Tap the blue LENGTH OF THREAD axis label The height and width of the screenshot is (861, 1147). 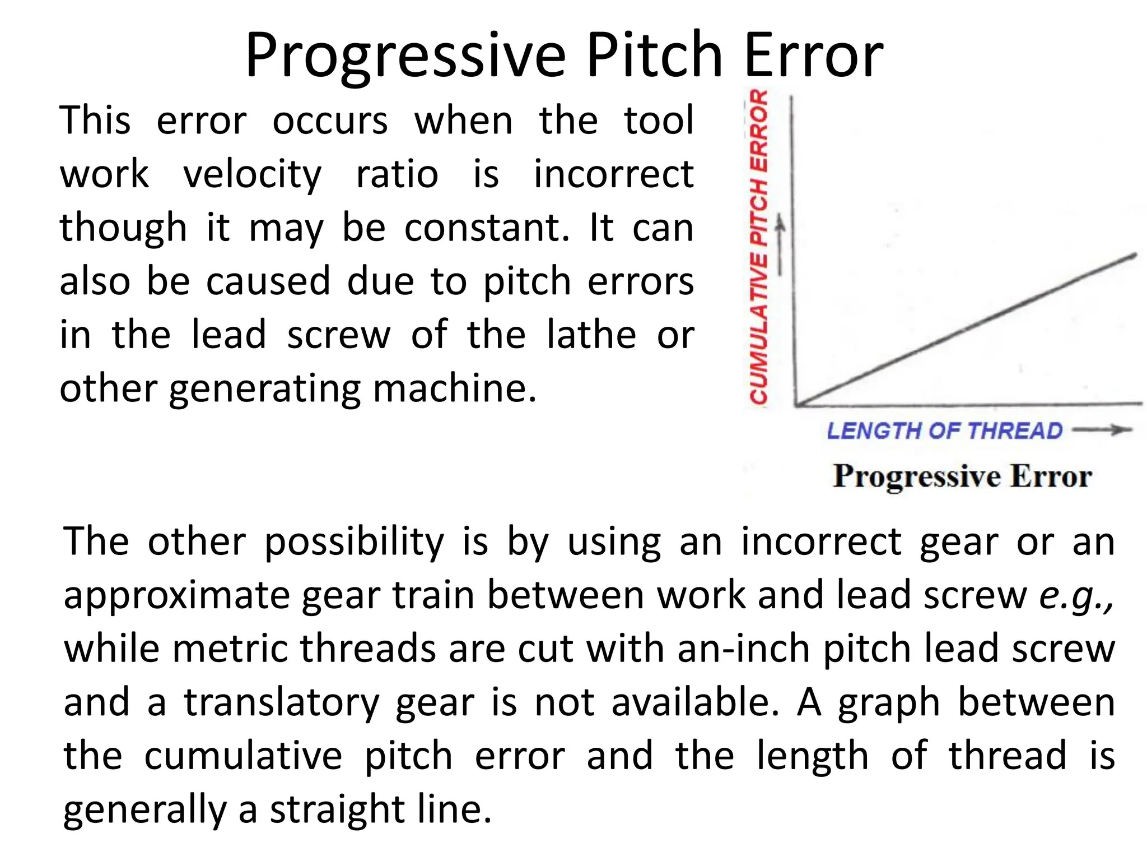pyautogui.click(x=944, y=431)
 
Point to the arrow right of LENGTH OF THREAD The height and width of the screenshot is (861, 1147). pyautogui.click(x=1102, y=430)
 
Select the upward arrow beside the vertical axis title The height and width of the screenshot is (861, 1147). pyautogui.click(x=780, y=247)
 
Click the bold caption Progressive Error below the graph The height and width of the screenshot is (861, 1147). pyautogui.click(x=962, y=476)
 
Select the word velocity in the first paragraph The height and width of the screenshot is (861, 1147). pyautogui.click(x=252, y=174)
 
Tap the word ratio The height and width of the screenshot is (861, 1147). pyautogui.click(x=397, y=174)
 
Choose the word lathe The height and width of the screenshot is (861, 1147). pyautogui.click(x=591, y=335)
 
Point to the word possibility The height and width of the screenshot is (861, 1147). pyautogui.click(x=354, y=543)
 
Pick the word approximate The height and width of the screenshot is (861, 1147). pyautogui.click(x=176, y=596)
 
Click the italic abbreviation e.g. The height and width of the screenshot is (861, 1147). pyautogui.click(x=1076, y=596)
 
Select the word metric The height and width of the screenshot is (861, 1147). pyautogui.click(x=230, y=649)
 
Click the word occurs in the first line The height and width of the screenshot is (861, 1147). pyautogui.click(x=330, y=121)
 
